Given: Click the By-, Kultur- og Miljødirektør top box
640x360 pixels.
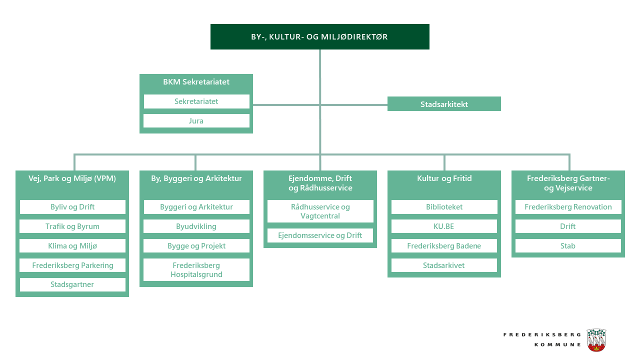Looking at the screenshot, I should pos(319,36).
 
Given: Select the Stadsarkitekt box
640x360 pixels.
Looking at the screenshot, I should pos(444,104).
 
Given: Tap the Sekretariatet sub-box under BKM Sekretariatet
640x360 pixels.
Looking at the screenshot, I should pos(196,101).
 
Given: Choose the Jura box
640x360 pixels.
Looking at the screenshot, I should pos(196,121).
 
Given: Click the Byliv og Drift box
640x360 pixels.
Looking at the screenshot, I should pos(72,207).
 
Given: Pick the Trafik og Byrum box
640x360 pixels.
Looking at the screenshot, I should pos(72,226).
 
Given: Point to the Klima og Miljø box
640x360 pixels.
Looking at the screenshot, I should pos(72,246).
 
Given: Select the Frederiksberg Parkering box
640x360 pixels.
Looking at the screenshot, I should pos(72,265).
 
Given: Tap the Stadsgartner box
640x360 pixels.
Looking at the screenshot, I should pos(72,284).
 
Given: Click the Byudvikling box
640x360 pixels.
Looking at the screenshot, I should pos(196,226).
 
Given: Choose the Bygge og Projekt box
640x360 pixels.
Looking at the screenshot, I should pos(196,246).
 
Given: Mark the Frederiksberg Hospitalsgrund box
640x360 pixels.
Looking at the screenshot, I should pos(196,270).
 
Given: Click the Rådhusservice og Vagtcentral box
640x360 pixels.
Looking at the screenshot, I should pos(320,211).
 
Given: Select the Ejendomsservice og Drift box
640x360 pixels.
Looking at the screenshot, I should pos(320,235).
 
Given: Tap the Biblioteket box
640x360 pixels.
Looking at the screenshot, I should pos(444,207).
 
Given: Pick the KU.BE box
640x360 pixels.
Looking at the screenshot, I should pos(444,226).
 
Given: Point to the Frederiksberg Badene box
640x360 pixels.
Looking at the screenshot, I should pos(444,246).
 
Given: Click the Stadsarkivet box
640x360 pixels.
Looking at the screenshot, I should pos(444,265).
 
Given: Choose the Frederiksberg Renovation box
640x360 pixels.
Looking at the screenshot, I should pos(568,207).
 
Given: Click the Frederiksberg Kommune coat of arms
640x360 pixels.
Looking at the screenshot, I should pos(596,340).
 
